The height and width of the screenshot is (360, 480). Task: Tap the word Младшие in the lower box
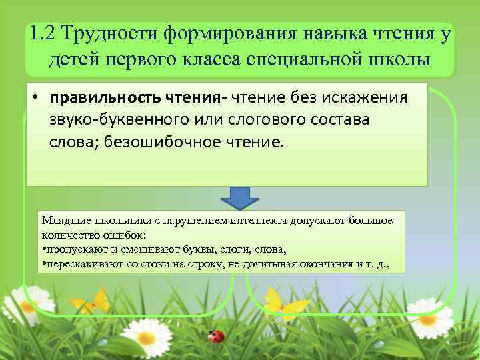coord(63,221)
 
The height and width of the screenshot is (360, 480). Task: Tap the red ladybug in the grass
coord(216,335)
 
